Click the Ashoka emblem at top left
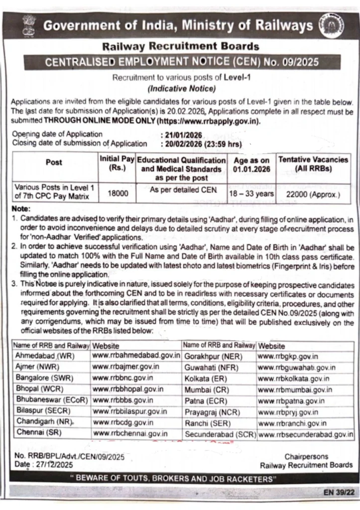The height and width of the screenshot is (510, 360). (29, 25)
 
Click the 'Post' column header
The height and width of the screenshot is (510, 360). (54, 162)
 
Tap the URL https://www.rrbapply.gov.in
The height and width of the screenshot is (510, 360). (208, 121)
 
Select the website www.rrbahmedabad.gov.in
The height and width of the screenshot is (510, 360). (136, 356)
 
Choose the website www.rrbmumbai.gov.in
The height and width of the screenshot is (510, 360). (295, 389)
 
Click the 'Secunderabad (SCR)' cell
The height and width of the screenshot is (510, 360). (220, 434)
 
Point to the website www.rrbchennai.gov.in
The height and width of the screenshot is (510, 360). (130, 434)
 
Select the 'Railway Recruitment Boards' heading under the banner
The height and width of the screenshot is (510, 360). (181, 47)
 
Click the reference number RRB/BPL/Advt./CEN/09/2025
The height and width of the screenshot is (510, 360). (70, 456)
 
